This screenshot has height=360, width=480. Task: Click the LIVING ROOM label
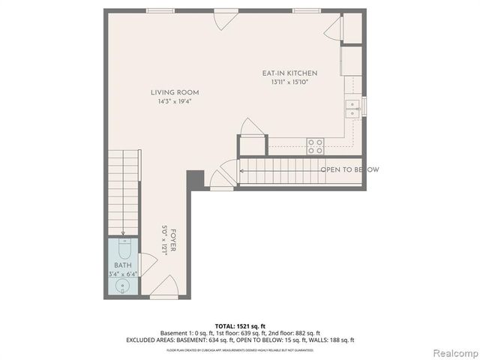coord(178,92)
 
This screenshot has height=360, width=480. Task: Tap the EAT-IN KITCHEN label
coord(289,73)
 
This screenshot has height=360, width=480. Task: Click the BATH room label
coord(121,265)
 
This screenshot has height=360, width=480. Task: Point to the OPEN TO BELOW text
coord(349,169)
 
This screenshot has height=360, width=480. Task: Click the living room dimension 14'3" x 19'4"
coord(178,101)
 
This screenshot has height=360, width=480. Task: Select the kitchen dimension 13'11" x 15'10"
coord(289,82)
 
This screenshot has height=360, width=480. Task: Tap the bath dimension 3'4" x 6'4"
coord(121,274)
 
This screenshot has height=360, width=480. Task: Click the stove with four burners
coord(316,146)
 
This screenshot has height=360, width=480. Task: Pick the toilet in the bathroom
coord(124,247)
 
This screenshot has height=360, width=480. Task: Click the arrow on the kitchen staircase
coord(243,169)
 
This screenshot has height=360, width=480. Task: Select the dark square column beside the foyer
coord(195,180)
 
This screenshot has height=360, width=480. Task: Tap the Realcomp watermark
coord(452,352)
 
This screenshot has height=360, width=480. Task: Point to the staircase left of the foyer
coord(122,191)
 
